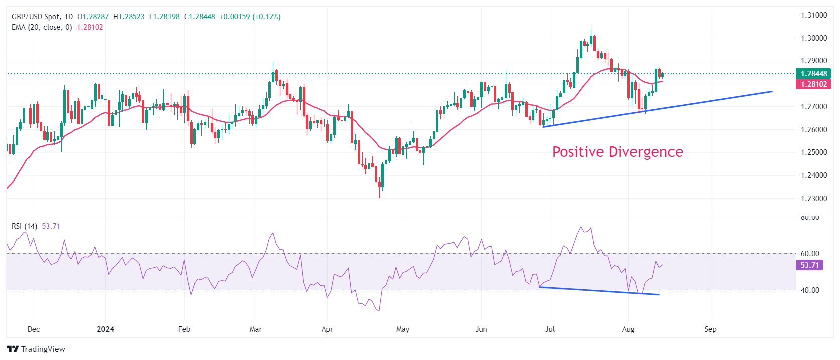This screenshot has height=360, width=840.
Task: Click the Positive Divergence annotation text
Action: click(617, 152)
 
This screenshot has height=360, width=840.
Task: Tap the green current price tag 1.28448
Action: click(813, 74)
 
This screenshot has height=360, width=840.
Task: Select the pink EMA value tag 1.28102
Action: click(813, 84)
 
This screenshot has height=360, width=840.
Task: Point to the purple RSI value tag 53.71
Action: click(809, 265)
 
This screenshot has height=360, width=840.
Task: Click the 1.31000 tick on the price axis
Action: click(813, 15)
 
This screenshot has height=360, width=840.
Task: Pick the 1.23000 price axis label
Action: click(813, 199)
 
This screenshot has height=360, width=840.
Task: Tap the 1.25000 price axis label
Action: click(813, 152)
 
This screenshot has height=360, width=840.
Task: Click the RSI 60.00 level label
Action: click(810, 254)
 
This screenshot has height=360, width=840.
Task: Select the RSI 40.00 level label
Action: click(810, 290)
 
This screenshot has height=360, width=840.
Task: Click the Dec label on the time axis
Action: click(34, 329)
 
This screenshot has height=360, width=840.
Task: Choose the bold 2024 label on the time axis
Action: click(105, 329)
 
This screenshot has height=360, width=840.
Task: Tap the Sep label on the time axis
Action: click(710, 329)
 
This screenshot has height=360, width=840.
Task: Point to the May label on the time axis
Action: click(403, 329)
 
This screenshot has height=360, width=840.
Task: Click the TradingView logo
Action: click(36, 349)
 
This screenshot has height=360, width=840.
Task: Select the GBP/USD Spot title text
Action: click(35, 17)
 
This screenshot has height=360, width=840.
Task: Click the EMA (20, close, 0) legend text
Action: click(42, 27)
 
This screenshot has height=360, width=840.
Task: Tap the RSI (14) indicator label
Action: click(24, 226)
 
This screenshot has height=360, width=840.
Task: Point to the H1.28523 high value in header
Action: click(129, 17)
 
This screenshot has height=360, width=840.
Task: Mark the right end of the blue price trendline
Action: click(772, 91)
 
